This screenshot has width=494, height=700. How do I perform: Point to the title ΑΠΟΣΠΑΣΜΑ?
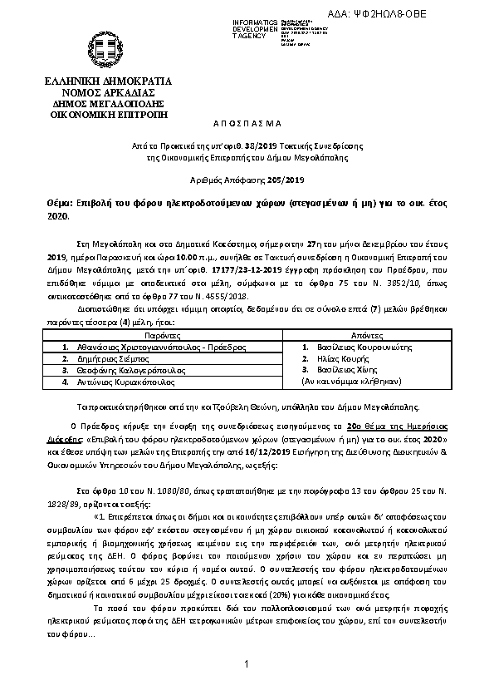[x=247, y=122]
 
